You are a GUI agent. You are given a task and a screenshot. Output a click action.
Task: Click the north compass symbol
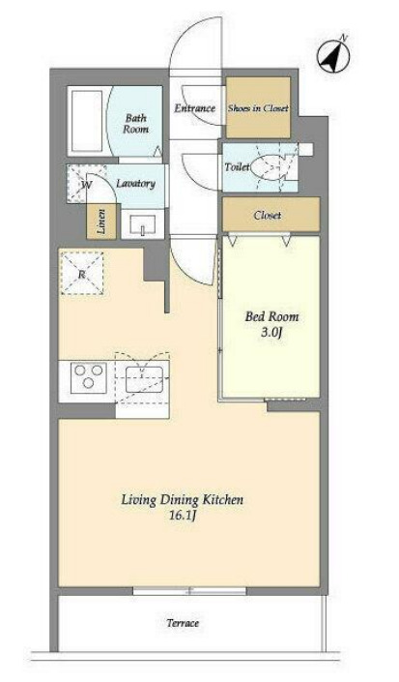coord(333,56)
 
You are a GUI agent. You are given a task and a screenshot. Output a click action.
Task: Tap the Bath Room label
coord(135,124)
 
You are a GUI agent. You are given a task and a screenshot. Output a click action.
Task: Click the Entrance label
coord(195,108)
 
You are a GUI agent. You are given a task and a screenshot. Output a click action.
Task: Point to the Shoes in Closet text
coord(258,108)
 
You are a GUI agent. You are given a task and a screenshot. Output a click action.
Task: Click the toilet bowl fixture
coord(266,167)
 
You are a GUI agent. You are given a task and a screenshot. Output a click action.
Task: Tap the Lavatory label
coord(135,184)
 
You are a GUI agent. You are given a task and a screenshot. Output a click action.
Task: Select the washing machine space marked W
coord(87,185)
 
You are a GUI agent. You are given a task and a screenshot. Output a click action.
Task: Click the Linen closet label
coord(101,222)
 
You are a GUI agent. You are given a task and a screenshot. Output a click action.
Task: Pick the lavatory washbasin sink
coord(142,224)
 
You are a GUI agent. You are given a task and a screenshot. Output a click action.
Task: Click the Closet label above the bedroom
coord(268,216)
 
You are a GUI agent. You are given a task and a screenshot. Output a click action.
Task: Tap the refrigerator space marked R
coord(81,274)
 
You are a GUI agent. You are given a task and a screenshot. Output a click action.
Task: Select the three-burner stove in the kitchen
coord(89,376)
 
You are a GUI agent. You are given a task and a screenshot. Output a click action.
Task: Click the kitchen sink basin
coord(144,379)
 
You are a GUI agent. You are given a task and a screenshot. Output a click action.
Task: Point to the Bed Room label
coord(271,316)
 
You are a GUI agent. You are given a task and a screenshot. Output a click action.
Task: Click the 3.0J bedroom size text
coord(271,333)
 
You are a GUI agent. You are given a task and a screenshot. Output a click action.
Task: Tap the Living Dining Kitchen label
coord(183,500)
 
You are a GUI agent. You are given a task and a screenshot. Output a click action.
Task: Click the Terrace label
coord(183,623)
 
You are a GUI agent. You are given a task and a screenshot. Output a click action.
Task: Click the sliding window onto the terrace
coord(189,591)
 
